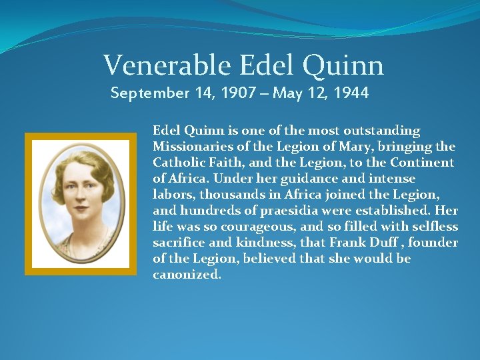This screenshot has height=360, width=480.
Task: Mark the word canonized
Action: point(187,275)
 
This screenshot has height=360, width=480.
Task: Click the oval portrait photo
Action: point(81,203)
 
